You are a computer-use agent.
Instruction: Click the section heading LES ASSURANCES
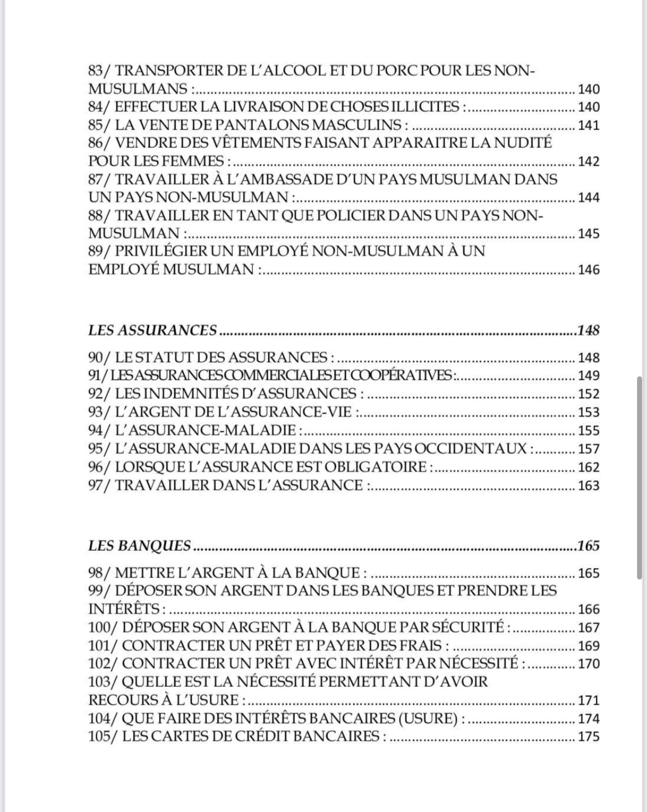153,330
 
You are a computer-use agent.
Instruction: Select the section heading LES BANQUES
139,546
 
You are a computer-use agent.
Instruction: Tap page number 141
588,125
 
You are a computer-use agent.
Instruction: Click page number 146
588,270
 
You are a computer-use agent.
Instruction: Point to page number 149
588,376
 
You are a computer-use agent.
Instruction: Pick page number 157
588,449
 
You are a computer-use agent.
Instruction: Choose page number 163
588,486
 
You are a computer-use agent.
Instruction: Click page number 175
588,737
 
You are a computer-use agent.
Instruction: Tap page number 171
588,700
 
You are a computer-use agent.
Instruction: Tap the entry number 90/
100,357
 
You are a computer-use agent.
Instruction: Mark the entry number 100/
103,627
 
